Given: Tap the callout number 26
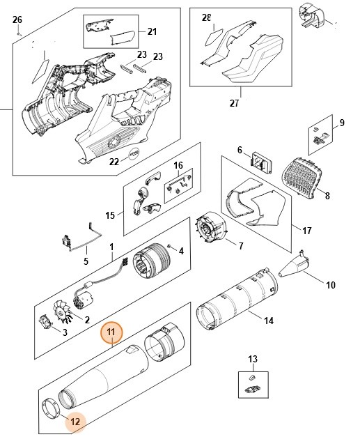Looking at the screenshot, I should [18, 19].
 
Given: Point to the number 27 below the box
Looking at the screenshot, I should [234, 103].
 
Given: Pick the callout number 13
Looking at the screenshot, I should [253, 359].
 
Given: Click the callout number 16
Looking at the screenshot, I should [178, 166].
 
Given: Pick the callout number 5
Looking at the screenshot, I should [86, 262].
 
